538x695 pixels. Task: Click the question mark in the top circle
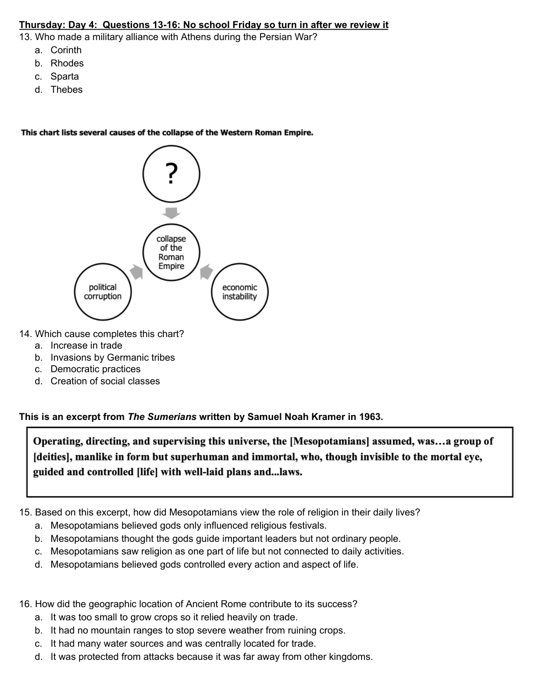coord(171,173)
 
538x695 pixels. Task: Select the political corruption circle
coord(103,292)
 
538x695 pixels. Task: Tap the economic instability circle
coord(240,292)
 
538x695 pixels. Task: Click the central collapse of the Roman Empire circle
coord(171,252)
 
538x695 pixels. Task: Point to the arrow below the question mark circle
coord(171,212)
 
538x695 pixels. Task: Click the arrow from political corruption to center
coord(136,271)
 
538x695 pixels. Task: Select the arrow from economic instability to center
coord(206,271)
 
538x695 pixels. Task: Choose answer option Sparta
coord(64,76)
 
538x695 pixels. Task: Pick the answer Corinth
coord(66,50)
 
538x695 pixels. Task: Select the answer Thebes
coord(66,89)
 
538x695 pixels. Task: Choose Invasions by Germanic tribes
coord(113,357)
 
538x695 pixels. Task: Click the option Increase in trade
coord(86,345)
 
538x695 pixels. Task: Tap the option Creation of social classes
coord(105,381)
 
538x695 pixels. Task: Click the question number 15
coord(25,512)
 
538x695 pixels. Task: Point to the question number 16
coord(25,604)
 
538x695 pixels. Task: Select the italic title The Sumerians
coord(162,417)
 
